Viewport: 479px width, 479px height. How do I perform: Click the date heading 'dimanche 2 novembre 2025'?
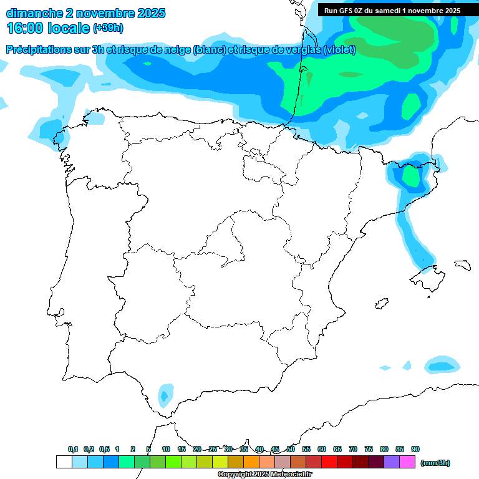coord(85,13)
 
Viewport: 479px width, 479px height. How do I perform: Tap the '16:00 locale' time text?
coord(48,28)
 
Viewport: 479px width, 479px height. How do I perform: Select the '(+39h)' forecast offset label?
coord(109,28)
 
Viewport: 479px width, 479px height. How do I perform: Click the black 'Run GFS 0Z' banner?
coord(392,10)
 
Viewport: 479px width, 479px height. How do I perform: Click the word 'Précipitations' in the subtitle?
coord(39,50)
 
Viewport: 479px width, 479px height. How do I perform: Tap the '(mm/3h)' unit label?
coord(435,463)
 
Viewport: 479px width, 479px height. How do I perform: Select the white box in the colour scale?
coord(64,462)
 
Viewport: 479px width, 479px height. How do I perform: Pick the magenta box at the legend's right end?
coord(407,462)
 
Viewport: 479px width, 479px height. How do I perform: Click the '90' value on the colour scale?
coord(415,449)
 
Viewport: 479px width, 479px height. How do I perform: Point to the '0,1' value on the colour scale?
coord(73,449)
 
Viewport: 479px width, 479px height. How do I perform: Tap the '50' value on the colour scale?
coord(291,449)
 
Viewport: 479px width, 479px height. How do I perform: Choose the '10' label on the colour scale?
coord(166,449)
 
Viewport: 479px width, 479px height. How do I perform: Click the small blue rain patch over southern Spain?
coord(165,395)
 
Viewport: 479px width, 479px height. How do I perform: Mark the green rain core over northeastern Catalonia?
coord(410,175)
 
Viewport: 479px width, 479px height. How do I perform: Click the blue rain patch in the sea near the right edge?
coord(442,364)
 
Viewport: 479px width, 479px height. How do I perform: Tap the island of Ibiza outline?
coord(382,304)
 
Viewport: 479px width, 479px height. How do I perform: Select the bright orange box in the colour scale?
coord(251,462)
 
